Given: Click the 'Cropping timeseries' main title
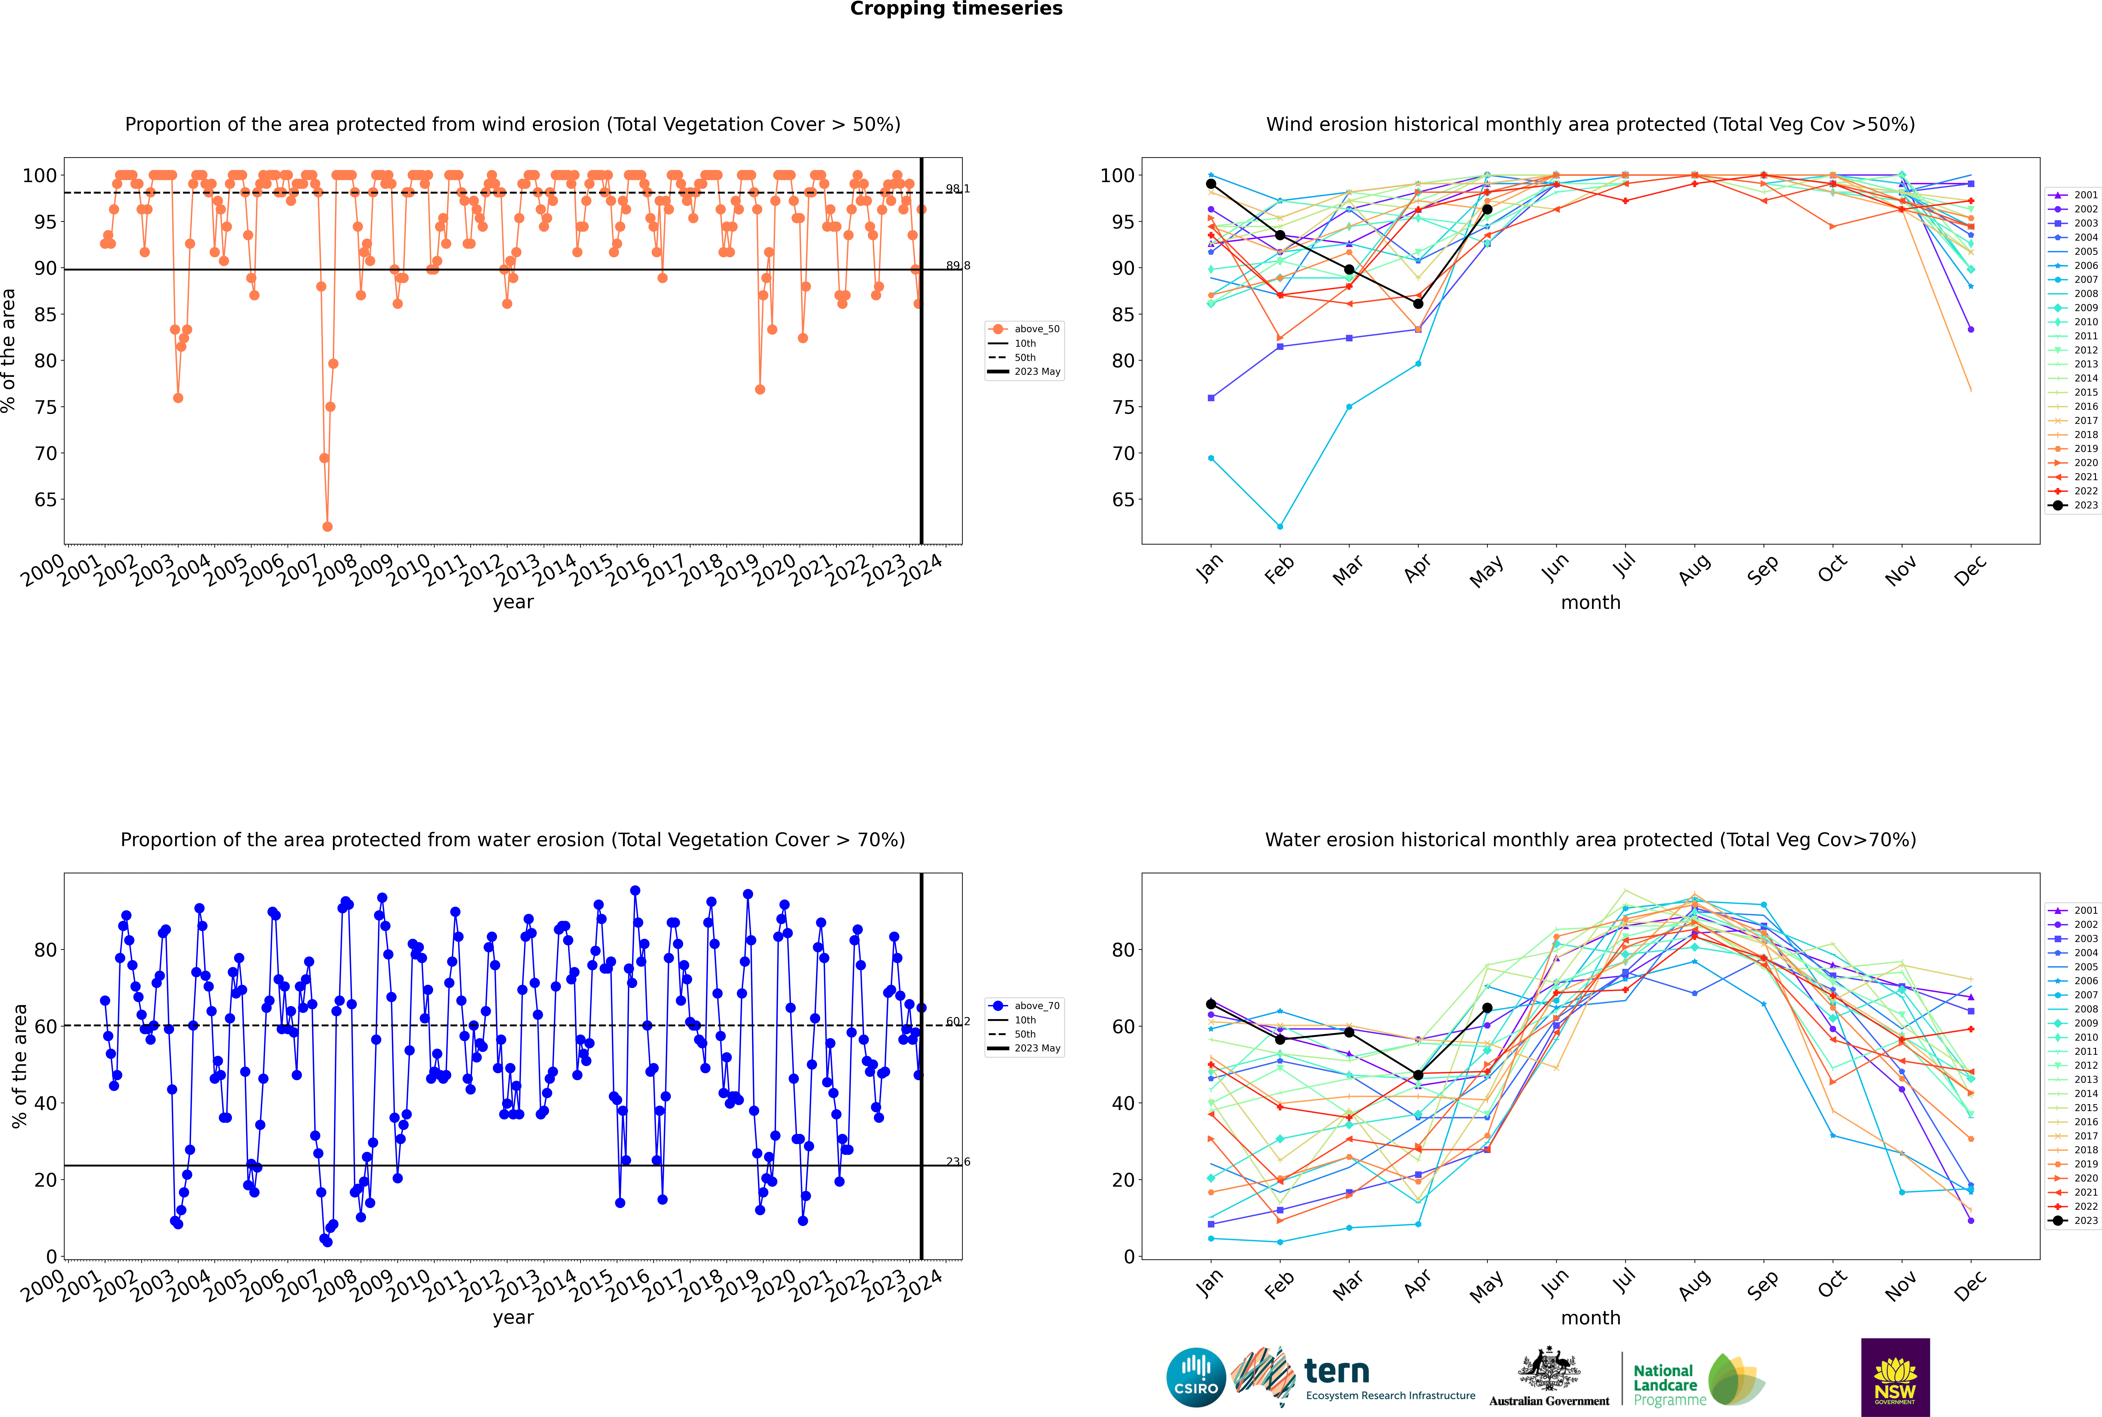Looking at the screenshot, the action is tap(956, 9).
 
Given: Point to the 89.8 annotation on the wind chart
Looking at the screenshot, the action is tap(958, 266).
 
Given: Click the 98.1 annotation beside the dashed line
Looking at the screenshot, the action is tap(958, 189).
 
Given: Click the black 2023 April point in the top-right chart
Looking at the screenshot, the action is tap(1418, 304).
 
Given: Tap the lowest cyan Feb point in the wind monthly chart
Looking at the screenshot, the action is tap(1280, 526).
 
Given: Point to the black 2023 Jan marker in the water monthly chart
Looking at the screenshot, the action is tap(1211, 1004).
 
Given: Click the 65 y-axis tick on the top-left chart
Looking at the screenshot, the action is tap(45, 500).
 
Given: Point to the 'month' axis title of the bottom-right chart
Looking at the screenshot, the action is tap(1590, 1318).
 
